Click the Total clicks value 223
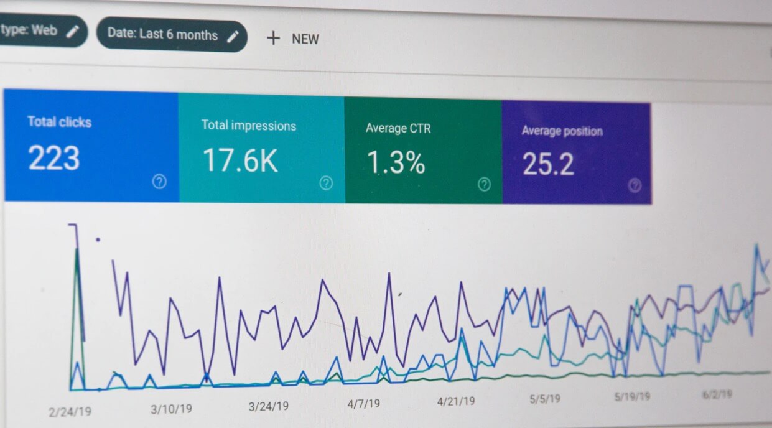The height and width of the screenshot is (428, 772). pyautogui.click(x=53, y=158)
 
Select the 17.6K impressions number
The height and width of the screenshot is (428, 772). pyautogui.click(x=240, y=160)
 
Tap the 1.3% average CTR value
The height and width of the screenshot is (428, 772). pyautogui.click(x=396, y=163)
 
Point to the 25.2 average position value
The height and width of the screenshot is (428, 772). pyautogui.click(x=548, y=164)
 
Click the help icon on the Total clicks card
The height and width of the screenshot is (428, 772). pyautogui.click(x=160, y=182)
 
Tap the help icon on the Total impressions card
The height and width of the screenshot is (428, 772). pyautogui.click(x=326, y=183)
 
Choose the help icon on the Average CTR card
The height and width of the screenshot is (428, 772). pyautogui.click(x=484, y=184)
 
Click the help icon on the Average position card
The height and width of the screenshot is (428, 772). pyautogui.click(x=635, y=185)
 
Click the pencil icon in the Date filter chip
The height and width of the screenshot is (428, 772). pyautogui.click(x=233, y=37)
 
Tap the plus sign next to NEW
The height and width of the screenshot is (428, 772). pyautogui.click(x=273, y=39)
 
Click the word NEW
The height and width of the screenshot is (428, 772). pyautogui.click(x=305, y=39)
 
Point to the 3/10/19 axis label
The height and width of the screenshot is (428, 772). pyautogui.click(x=171, y=409)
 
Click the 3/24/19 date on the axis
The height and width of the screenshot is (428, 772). pyautogui.click(x=269, y=406)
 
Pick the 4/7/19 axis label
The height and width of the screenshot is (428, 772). pyautogui.click(x=363, y=404)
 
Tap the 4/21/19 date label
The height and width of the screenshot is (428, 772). pyautogui.click(x=456, y=401)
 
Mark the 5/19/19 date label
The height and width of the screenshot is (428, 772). pyautogui.click(x=633, y=396)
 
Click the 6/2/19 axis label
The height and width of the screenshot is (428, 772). pyautogui.click(x=716, y=394)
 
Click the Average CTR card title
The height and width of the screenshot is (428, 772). pyautogui.click(x=398, y=129)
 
